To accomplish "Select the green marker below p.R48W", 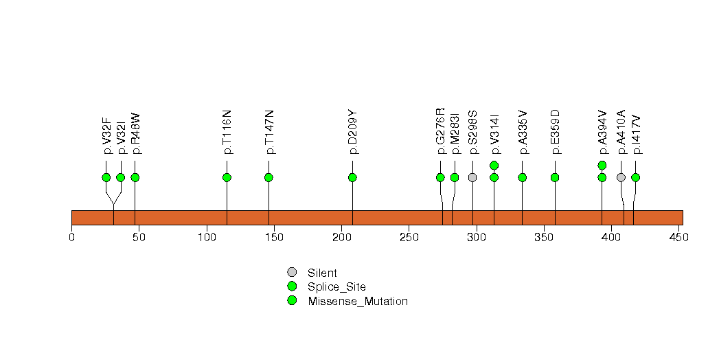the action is tap(135, 177).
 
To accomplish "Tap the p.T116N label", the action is tap(227, 132).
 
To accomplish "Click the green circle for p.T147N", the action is tap(269, 177).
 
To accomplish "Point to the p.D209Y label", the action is tap(352, 132).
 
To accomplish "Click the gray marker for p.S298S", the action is tap(472, 177).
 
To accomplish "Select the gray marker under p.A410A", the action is tap(621, 177).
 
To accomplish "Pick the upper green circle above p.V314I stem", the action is tap(494, 165).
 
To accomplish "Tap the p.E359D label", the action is tap(555, 132).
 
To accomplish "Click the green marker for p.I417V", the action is tap(635, 177).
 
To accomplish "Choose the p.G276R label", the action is tap(440, 131).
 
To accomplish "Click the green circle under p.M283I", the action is tap(455, 177).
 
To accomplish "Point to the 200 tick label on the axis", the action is tap(341, 237).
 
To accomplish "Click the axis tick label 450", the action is tap(679, 237).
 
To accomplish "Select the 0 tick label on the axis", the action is tap(71, 237).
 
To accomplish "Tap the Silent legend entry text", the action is tap(322, 273).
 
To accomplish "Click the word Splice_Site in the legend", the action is tap(337, 287).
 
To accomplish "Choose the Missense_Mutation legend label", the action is tap(358, 302).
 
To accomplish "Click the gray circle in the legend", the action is tap(292, 273).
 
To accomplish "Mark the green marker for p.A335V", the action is tap(523, 177).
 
